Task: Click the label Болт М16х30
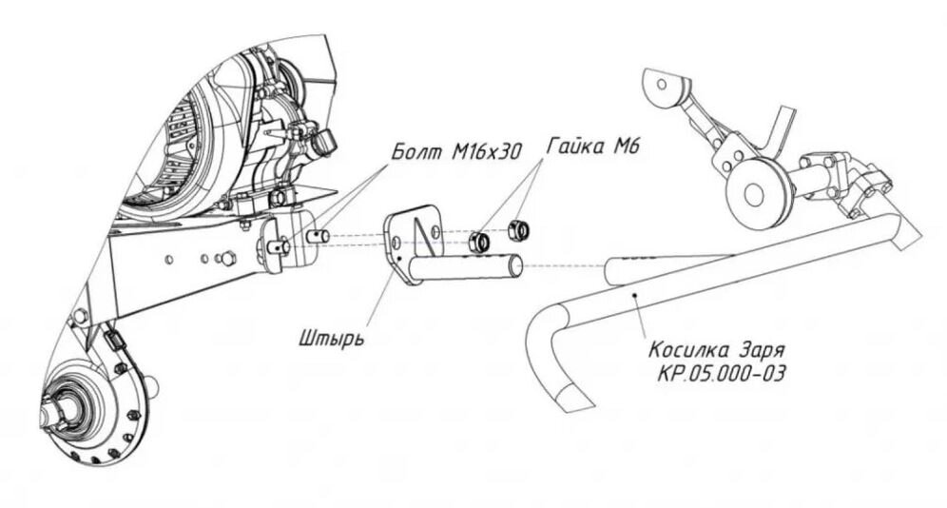coord(456,151)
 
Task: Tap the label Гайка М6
coord(592,146)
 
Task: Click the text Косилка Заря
coord(716,350)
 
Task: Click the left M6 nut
coord(479,242)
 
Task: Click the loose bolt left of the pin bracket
coord(318,236)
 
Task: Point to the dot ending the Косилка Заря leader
coord(634,295)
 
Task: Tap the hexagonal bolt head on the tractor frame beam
coord(227,258)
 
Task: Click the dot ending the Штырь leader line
coord(400,258)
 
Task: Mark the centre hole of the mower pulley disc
coord(753,194)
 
